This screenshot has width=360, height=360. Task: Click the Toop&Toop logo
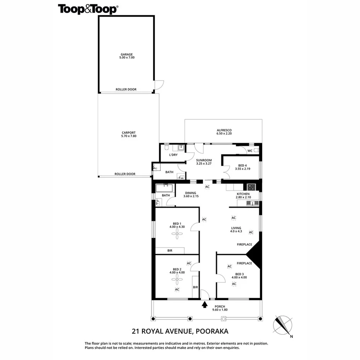point(88,9)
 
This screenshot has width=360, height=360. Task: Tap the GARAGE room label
point(127,54)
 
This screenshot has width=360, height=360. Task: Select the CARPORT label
point(129,133)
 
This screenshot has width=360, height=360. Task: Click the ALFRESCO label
point(224,130)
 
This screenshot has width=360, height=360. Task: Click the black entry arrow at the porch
point(205,305)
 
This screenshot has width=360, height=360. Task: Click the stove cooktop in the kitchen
point(251,187)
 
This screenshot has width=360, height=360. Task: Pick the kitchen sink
point(252,203)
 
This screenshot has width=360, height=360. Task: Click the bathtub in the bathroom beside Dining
point(164,188)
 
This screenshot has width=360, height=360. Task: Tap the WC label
point(250,151)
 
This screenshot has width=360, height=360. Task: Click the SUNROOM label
point(204,160)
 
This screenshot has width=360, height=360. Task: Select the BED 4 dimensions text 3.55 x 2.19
point(243,169)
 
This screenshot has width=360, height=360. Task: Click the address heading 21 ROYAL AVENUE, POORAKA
point(180,331)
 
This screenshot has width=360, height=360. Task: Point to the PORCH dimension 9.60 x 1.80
point(220,310)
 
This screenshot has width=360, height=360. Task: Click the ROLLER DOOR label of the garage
point(126,89)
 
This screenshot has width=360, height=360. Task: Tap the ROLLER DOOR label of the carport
point(125,174)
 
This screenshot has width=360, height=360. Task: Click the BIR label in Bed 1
point(170,251)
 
